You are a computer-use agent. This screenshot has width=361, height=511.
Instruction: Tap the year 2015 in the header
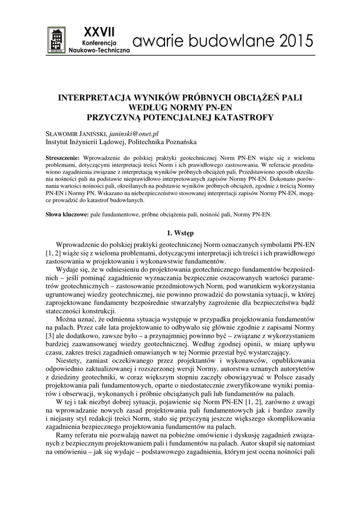(298, 42)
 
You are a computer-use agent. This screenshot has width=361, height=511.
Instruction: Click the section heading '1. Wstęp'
(180, 233)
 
